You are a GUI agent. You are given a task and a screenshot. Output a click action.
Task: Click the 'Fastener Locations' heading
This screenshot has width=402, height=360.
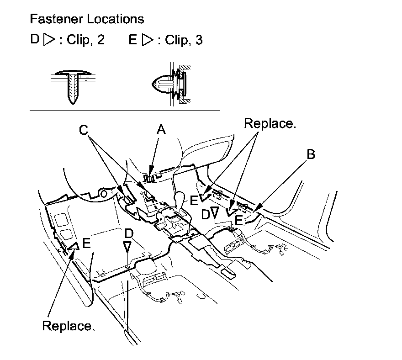(x=87, y=19)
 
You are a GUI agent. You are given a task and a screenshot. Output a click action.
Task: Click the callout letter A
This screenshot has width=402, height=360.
(x=161, y=129)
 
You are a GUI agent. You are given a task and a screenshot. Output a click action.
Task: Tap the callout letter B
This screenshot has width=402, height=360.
(x=311, y=154)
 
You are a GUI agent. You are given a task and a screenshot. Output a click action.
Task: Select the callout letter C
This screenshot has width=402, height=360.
(x=84, y=130)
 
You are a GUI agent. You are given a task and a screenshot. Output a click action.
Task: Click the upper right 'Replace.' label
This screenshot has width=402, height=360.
(x=270, y=123)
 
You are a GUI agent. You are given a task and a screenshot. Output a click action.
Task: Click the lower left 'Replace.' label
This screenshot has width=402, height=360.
(x=69, y=326)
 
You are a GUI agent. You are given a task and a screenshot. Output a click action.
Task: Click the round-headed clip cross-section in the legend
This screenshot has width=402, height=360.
(x=171, y=84)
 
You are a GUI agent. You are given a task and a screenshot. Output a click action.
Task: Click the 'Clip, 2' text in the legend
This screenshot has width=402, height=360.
(x=85, y=40)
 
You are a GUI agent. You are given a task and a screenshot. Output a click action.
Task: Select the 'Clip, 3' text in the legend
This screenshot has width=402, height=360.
(x=184, y=40)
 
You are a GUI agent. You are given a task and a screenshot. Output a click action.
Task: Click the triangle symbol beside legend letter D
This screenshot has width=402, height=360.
(x=49, y=40)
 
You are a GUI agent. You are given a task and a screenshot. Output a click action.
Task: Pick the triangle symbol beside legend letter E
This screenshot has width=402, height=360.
(x=148, y=40)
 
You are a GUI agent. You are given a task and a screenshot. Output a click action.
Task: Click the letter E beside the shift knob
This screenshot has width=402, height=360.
(x=194, y=200)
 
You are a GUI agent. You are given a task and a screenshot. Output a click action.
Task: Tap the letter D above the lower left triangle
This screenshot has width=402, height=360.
(x=129, y=233)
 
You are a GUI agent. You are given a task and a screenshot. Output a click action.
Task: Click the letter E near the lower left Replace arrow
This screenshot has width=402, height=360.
(x=87, y=243)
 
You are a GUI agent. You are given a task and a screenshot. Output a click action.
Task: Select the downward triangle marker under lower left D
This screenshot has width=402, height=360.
(x=127, y=246)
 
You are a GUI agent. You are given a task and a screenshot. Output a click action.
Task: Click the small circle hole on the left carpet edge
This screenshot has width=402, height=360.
(x=103, y=194)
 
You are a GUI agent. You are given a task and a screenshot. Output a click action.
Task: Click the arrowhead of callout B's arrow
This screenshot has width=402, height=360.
(x=259, y=207)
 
